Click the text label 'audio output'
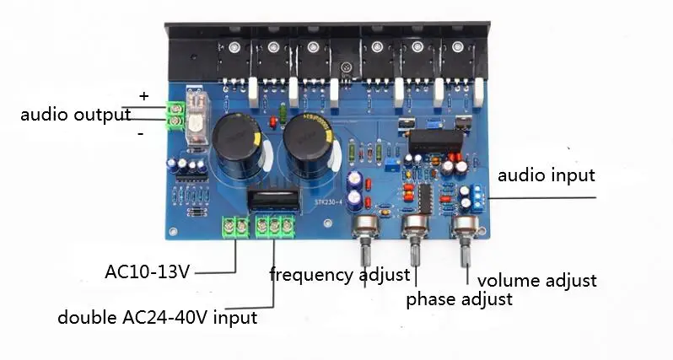(x=75, y=115)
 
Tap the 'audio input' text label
(x=546, y=176)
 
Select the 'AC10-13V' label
(x=148, y=271)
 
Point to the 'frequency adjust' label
(x=340, y=274)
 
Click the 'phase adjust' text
(x=459, y=298)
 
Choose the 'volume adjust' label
(x=536, y=281)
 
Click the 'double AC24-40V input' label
(x=157, y=318)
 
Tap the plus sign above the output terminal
(x=143, y=96)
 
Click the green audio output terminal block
(x=177, y=114)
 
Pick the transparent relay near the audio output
(x=195, y=112)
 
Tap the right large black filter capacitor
(x=308, y=143)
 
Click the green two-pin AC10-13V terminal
(x=234, y=225)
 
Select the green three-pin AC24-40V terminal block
(x=276, y=225)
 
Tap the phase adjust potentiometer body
(x=415, y=226)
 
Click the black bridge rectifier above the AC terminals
(x=274, y=201)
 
